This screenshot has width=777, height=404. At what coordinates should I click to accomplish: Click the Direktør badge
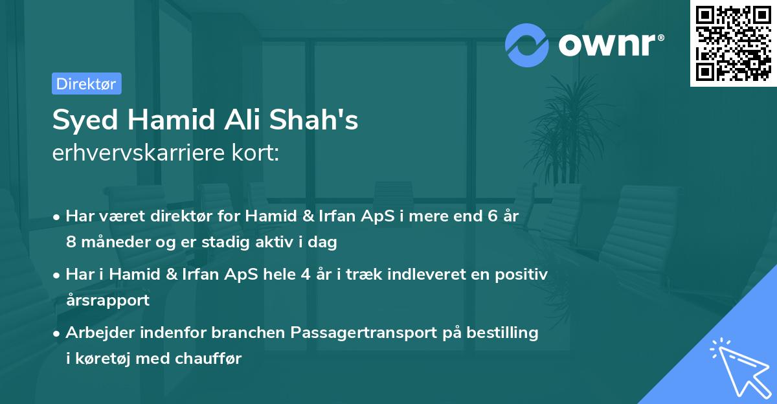coord(86,84)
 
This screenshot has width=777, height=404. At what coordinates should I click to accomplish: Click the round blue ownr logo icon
coord(527,45)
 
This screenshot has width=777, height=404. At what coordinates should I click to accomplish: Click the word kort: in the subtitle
coord(257,154)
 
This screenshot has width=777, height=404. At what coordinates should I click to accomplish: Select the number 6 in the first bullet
coord(494,216)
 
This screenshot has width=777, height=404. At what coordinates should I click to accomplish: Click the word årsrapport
coord(107,300)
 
